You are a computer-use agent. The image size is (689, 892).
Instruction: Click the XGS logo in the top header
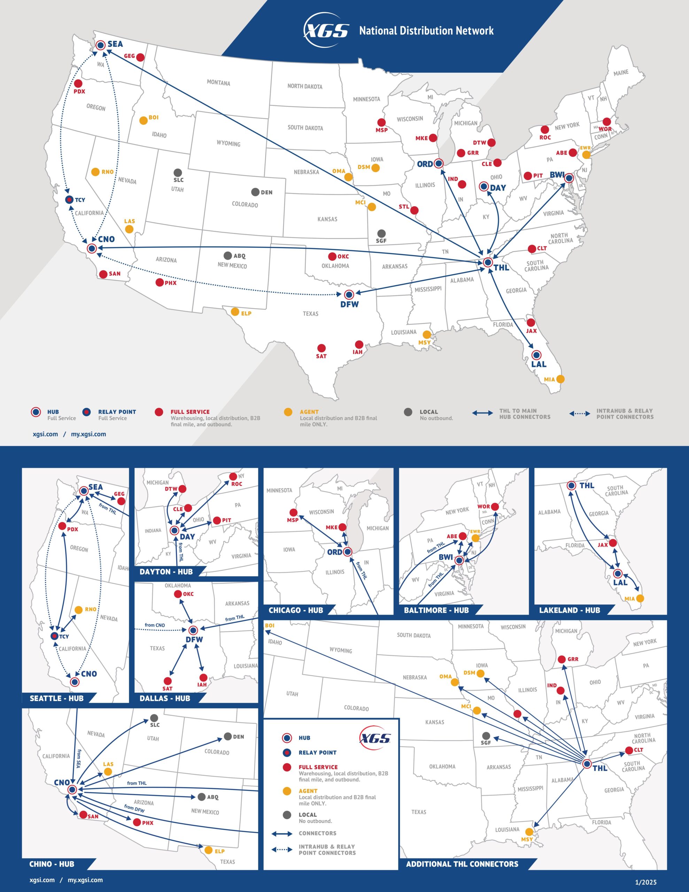click(326, 31)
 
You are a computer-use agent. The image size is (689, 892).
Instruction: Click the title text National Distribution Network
click(426, 31)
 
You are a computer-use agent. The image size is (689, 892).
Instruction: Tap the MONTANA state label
click(218, 83)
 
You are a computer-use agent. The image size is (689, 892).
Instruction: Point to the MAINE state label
click(621, 73)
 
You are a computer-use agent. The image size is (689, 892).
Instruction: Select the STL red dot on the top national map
click(414, 210)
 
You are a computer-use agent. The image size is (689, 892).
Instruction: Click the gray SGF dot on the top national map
click(381, 233)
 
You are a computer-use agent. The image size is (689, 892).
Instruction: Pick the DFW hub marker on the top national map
click(349, 294)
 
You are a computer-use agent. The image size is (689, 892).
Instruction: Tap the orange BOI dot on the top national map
click(144, 121)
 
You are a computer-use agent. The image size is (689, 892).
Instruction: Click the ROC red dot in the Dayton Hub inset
click(233, 476)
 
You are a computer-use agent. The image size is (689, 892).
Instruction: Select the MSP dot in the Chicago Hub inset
click(293, 513)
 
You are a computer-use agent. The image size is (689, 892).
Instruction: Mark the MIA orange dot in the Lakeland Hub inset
click(640, 598)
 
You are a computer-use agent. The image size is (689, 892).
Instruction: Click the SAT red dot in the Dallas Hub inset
click(168, 680)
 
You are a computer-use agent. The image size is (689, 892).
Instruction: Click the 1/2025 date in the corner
click(646, 882)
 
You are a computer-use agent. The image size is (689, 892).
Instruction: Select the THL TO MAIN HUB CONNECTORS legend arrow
click(482, 413)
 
